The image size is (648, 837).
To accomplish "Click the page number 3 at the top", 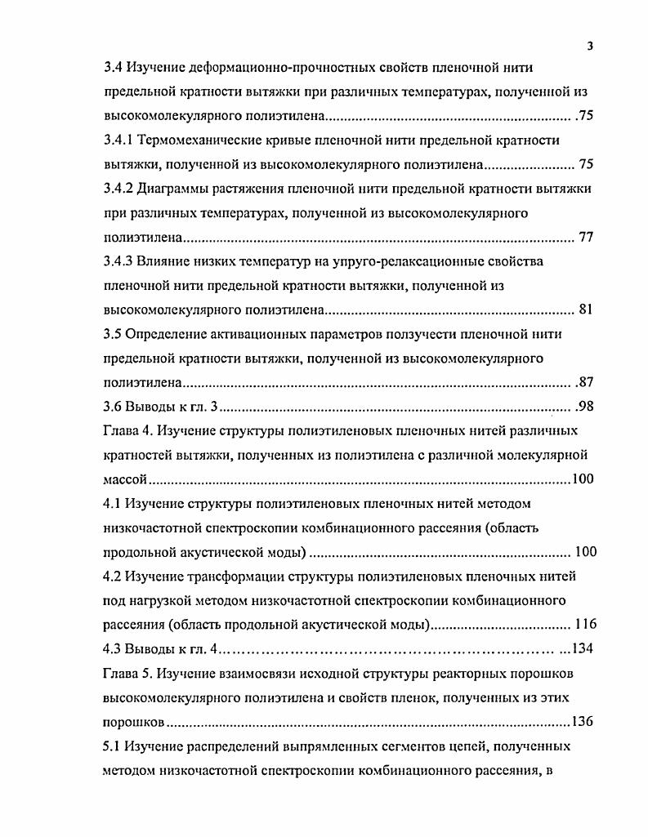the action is (590, 47).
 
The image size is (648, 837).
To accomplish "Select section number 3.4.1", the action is (120, 140).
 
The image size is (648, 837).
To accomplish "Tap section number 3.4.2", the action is (120, 189).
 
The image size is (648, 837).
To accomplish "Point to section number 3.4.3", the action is (120, 261).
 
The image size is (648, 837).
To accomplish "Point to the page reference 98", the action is (585, 407).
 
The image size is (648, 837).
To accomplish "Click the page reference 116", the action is (586, 625).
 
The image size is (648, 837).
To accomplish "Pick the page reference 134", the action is (581, 649).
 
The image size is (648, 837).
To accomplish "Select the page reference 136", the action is (582, 722).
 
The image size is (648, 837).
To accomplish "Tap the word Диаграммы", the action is (175, 189).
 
